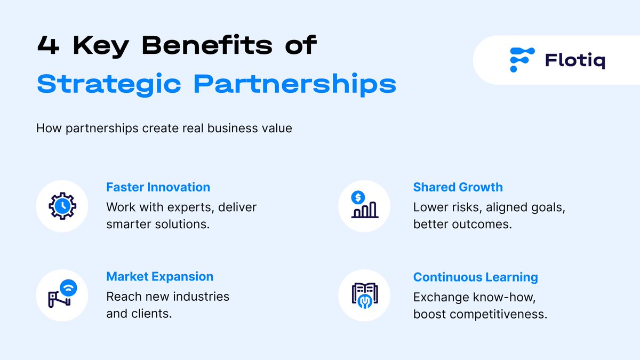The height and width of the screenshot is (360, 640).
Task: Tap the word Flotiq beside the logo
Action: (x=575, y=61)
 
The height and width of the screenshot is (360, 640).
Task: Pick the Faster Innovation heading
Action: (x=158, y=187)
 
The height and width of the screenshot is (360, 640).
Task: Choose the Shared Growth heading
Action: (x=458, y=187)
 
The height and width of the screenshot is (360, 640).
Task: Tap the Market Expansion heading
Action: (x=159, y=277)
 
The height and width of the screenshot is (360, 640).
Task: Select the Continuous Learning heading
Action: (x=475, y=277)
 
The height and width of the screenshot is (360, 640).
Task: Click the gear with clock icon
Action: (x=62, y=206)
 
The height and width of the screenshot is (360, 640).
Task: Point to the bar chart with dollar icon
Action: (x=364, y=206)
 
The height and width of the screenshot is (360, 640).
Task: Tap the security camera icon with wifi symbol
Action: (x=62, y=295)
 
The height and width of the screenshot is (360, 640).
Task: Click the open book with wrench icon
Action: (x=364, y=295)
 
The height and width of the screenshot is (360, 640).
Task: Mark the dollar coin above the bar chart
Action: (x=357, y=196)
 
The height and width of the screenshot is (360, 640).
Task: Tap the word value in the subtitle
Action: (x=277, y=129)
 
